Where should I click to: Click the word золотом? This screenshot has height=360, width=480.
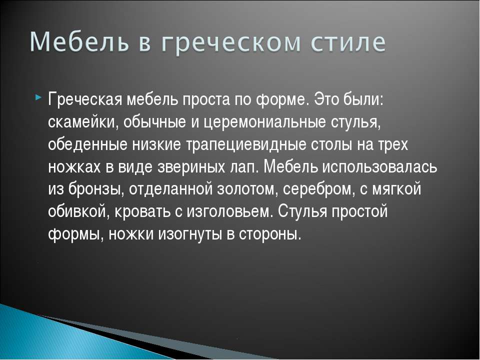(x=247, y=189)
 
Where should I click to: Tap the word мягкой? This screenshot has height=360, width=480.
(x=396, y=189)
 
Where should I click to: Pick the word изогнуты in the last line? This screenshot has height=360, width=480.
(x=190, y=234)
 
